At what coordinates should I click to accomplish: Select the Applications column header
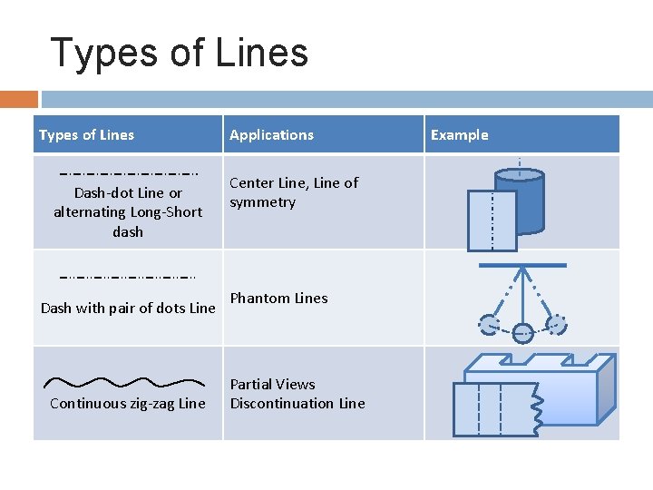click(271, 135)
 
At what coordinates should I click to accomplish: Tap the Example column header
click(459, 135)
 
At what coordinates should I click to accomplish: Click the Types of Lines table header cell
click(86, 135)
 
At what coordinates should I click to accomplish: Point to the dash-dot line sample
click(128, 172)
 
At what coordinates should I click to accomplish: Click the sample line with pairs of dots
click(128, 276)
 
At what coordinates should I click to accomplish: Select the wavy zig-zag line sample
click(125, 382)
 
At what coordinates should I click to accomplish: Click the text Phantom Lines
click(278, 298)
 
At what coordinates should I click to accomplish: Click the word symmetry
click(262, 202)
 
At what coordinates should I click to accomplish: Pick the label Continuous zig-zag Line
click(127, 403)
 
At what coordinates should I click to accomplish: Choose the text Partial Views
click(272, 384)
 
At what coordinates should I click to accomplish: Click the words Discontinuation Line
click(297, 403)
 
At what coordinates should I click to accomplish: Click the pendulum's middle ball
click(522, 333)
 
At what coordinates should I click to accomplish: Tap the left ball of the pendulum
click(489, 323)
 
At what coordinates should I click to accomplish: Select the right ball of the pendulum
click(556, 323)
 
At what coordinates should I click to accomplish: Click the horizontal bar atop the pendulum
click(522, 266)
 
